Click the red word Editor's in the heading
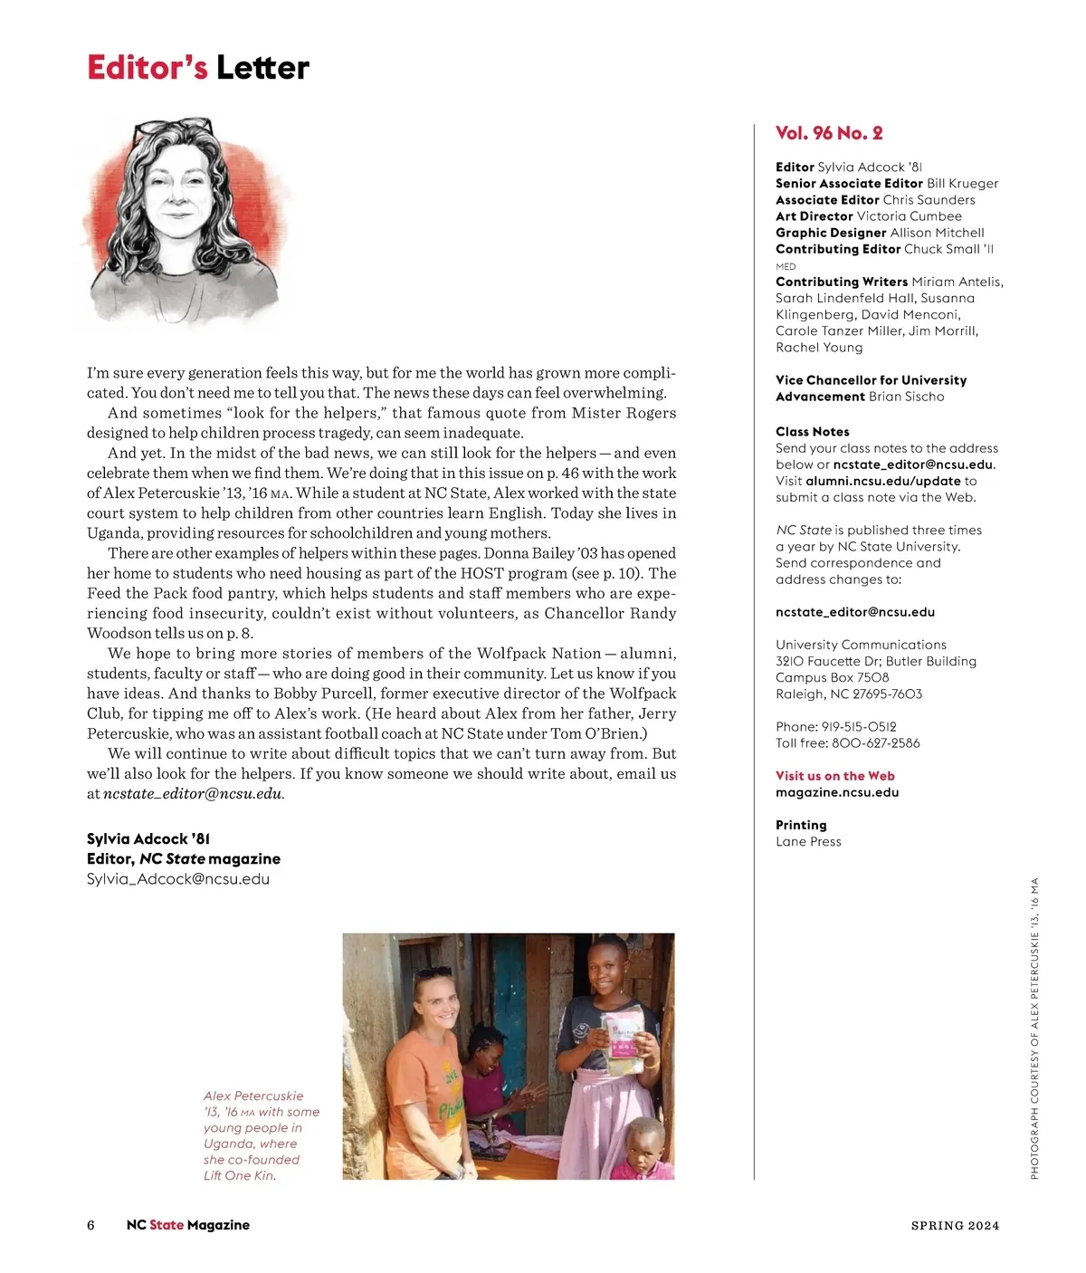[x=147, y=68]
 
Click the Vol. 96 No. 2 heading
[x=828, y=133]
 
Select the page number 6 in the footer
[x=90, y=1225]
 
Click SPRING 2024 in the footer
[x=955, y=1226]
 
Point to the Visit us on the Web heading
[x=834, y=776]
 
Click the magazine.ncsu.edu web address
[x=837, y=792]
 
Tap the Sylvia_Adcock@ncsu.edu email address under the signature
[x=178, y=879]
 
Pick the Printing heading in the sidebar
[x=801, y=825]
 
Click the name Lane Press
[x=808, y=842]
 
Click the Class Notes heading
[x=812, y=432]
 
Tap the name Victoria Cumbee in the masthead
[x=909, y=216]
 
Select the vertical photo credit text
[x=1034, y=1029]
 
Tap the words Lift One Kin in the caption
[x=238, y=1176]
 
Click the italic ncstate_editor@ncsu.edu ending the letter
[x=193, y=794]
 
